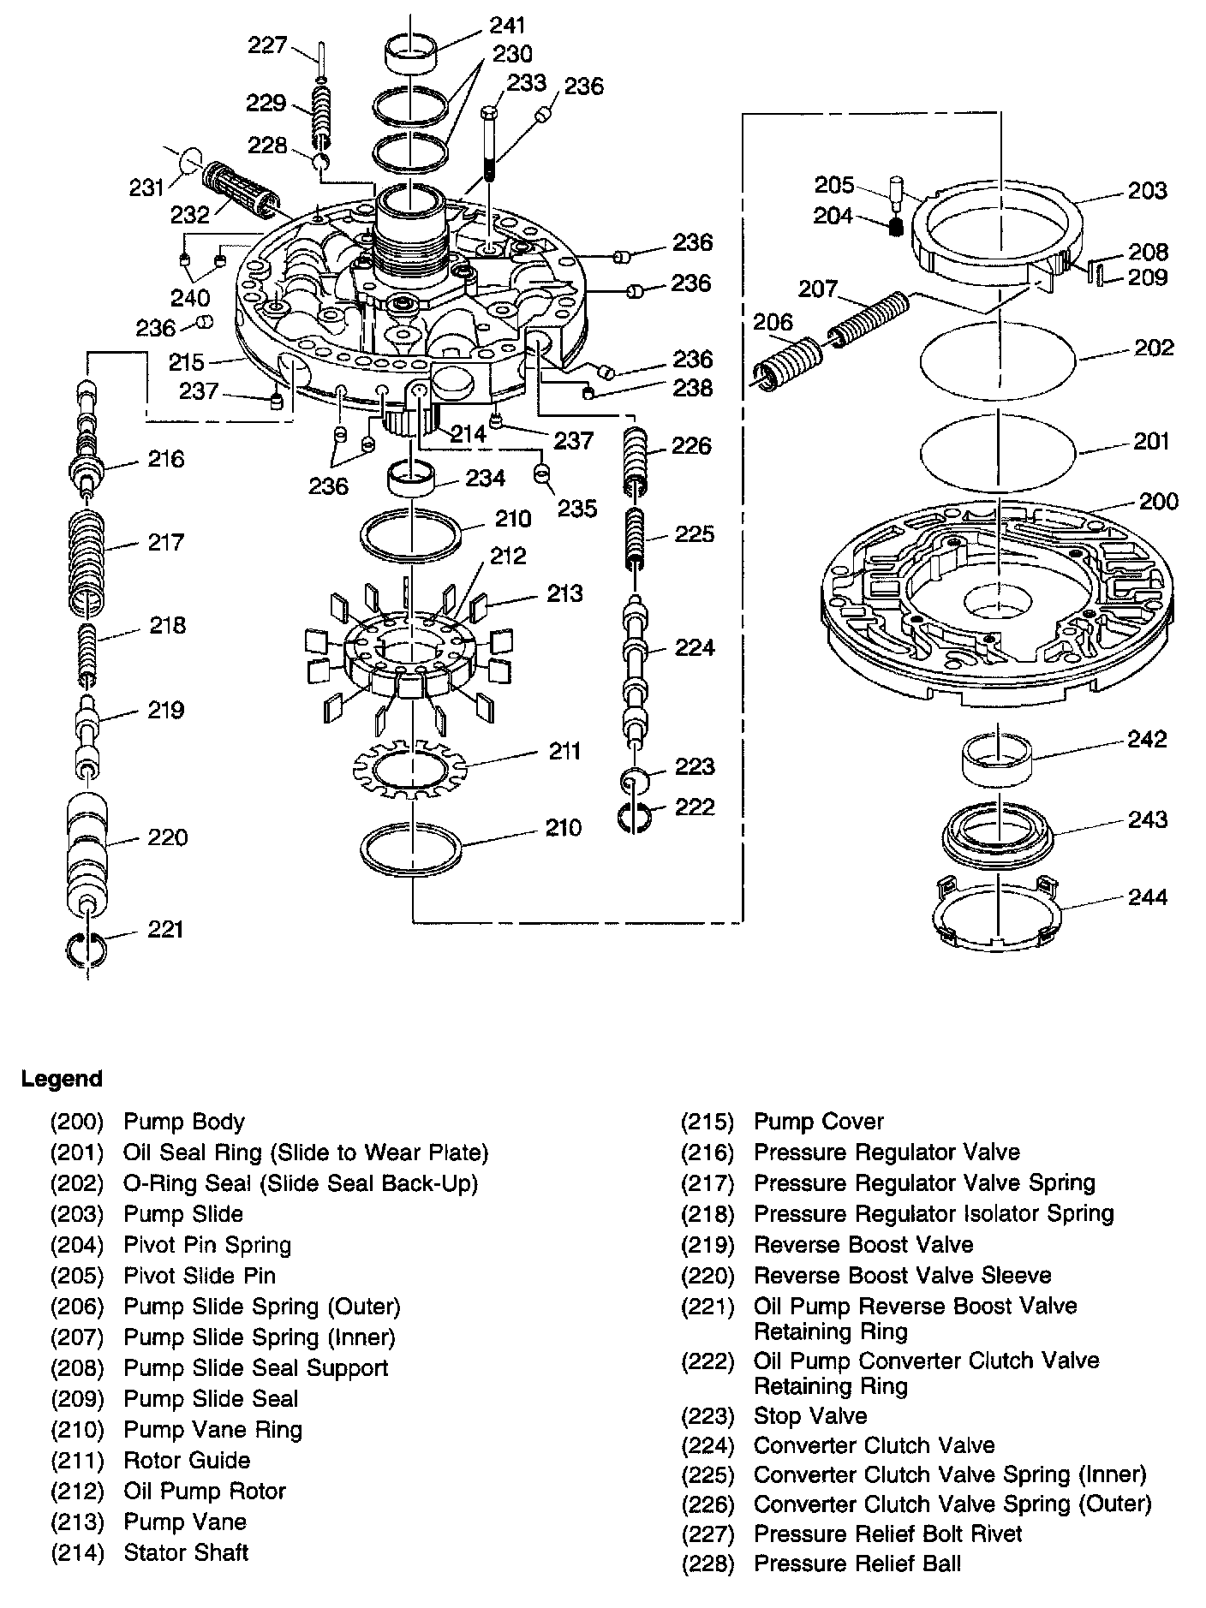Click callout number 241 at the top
click(x=508, y=26)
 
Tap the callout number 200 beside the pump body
click(x=1158, y=501)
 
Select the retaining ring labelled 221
click(x=86, y=949)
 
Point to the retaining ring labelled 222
click(x=635, y=817)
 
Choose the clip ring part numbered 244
click(x=998, y=914)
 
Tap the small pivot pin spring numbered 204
click(x=896, y=226)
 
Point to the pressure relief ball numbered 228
click(x=321, y=163)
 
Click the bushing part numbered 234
click(x=411, y=478)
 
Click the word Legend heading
click(x=62, y=1079)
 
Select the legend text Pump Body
click(x=184, y=1122)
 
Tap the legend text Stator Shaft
click(x=186, y=1552)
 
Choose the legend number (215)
click(x=707, y=1122)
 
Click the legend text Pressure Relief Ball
click(x=857, y=1563)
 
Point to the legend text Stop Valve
click(x=810, y=1416)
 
